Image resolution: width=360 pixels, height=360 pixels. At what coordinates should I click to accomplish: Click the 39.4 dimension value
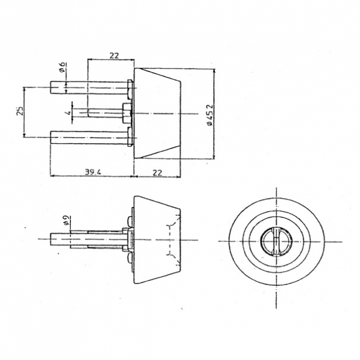93,172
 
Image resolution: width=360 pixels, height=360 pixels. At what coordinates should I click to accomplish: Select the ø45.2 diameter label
210,115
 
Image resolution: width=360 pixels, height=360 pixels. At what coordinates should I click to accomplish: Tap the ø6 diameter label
62,67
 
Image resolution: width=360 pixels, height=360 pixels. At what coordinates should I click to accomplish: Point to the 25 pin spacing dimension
20,110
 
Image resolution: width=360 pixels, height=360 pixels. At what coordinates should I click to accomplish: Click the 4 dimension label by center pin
68,113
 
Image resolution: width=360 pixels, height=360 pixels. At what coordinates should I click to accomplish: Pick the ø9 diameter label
65,220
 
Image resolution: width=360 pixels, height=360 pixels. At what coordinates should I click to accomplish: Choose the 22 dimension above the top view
114,56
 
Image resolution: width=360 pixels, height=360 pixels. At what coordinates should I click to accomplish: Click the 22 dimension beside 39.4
157,172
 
